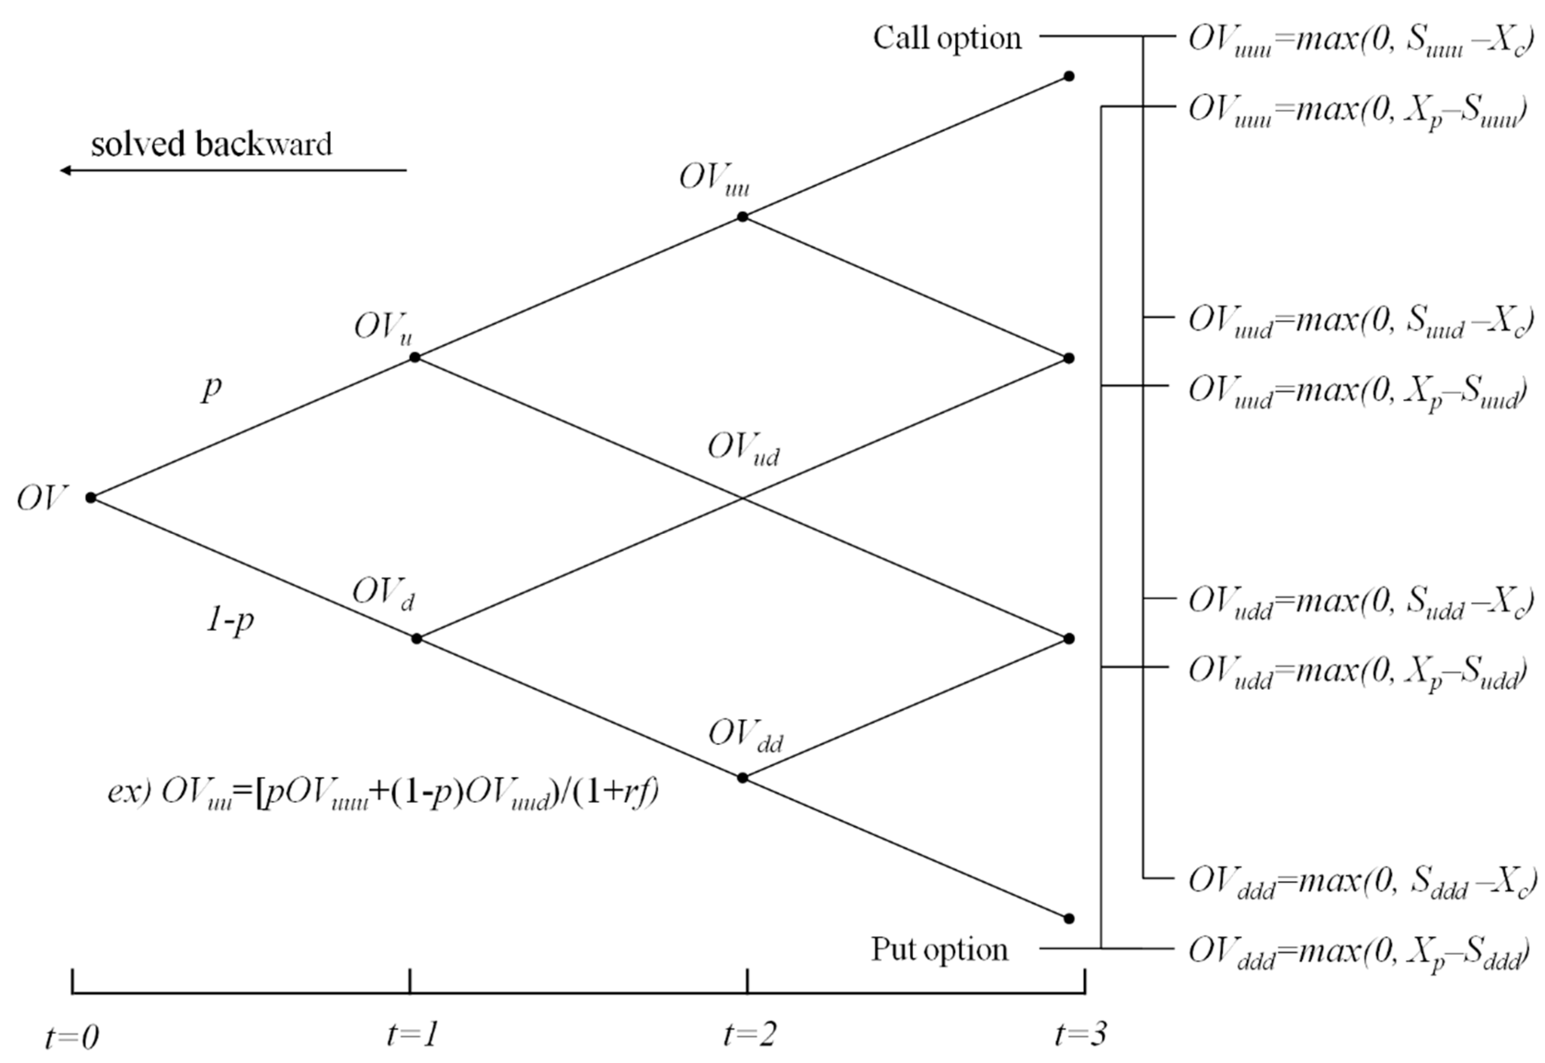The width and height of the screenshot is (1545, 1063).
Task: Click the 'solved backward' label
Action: [211, 144]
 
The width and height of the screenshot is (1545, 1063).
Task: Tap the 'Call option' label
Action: [947, 38]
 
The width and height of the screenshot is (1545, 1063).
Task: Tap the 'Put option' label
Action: [940, 949]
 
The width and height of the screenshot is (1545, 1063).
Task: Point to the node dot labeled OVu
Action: [414, 358]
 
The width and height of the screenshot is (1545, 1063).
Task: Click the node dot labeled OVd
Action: [416, 639]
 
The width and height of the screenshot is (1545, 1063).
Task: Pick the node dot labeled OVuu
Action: [743, 216]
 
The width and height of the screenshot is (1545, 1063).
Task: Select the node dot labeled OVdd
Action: [743, 777]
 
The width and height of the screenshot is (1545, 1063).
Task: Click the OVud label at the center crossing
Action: [743, 448]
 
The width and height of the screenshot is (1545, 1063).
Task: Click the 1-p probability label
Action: [230, 621]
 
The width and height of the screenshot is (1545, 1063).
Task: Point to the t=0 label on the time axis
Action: [72, 1036]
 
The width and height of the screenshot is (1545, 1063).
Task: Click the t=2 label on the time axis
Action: [749, 1035]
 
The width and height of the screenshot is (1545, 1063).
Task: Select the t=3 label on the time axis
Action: [1081, 1035]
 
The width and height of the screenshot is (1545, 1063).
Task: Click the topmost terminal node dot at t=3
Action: [1069, 76]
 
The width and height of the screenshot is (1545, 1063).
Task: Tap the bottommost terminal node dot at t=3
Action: [1069, 919]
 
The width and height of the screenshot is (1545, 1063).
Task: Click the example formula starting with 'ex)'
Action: [383, 793]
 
